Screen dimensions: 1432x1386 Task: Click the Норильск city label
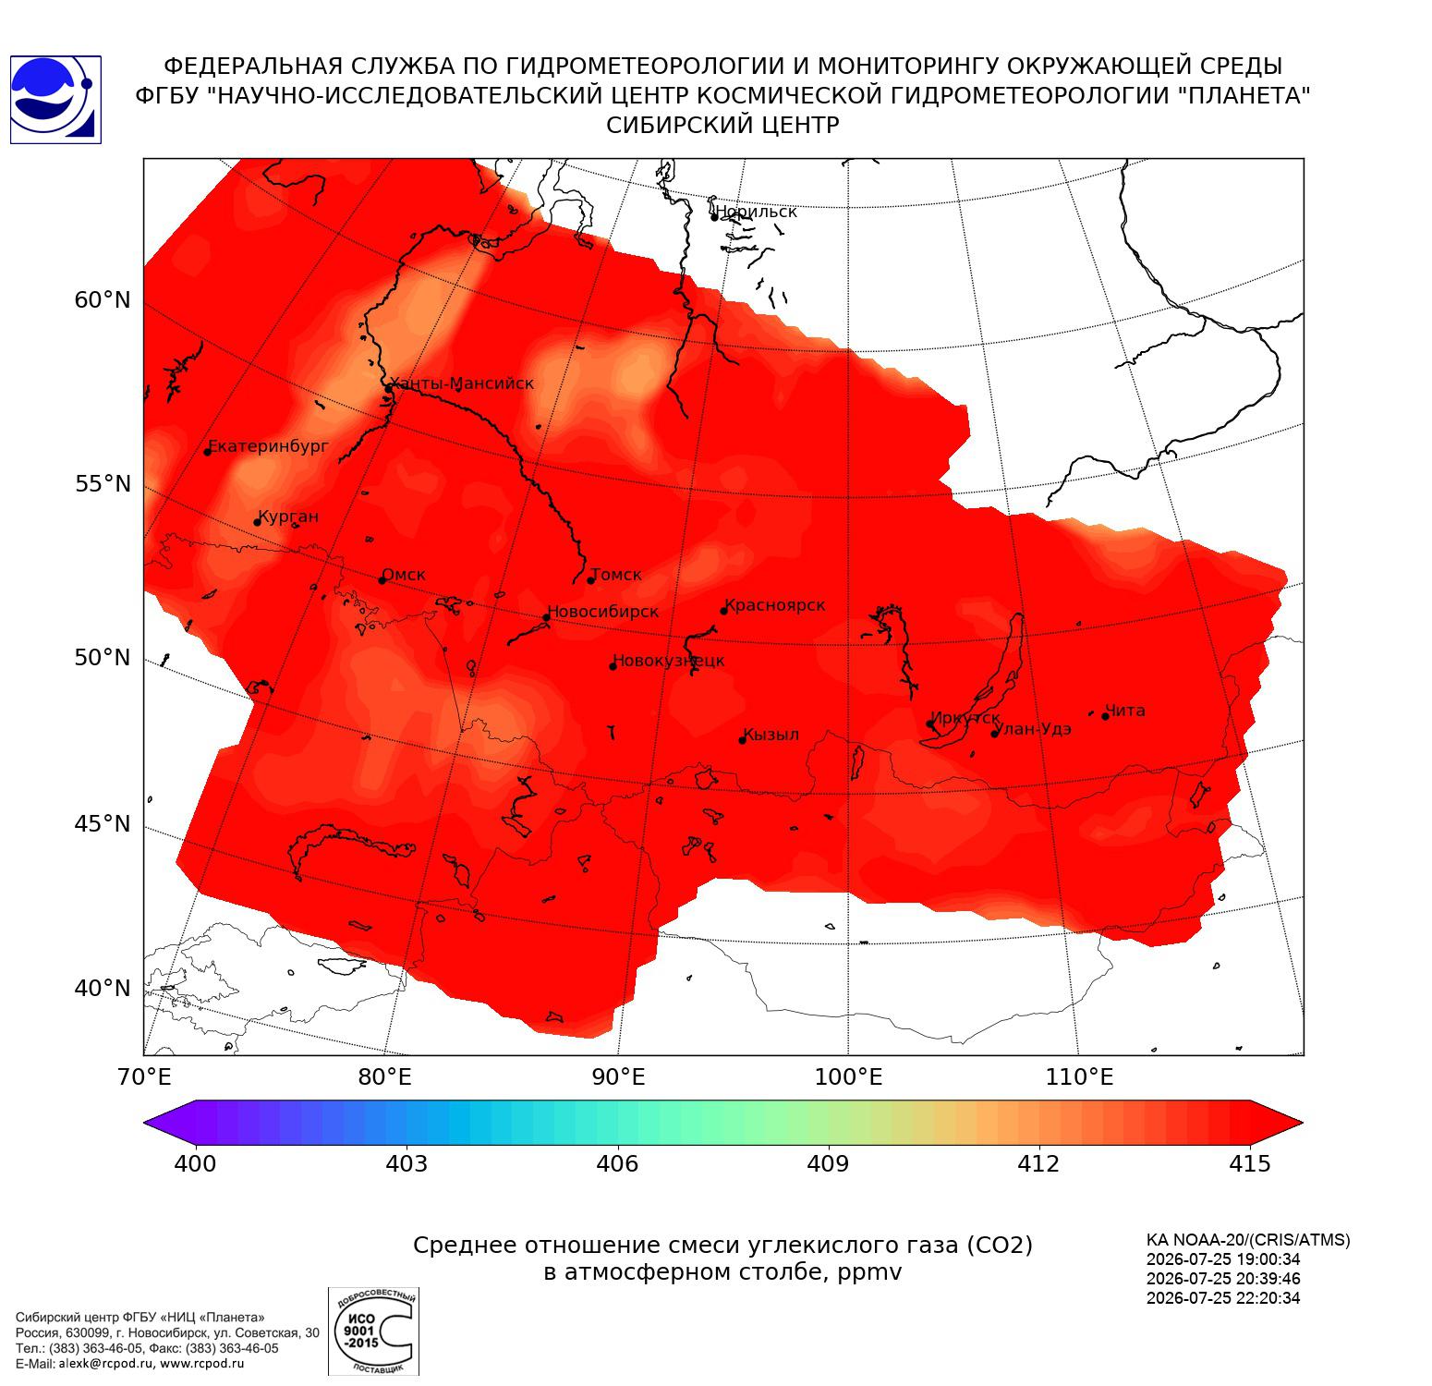coord(756,212)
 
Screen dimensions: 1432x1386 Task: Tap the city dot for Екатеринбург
coord(208,451)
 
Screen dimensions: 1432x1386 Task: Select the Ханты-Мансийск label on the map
coord(462,383)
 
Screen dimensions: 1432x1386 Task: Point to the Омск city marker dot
coord(382,580)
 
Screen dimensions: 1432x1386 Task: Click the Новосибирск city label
coord(603,613)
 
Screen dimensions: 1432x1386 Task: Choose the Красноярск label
coord(774,606)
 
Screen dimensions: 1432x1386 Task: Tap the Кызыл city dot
coord(742,740)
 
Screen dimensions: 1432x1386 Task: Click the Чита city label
coord(1125,711)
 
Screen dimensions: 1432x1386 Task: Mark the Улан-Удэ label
coord(1033,729)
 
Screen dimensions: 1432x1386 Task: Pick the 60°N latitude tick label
coord(103,300)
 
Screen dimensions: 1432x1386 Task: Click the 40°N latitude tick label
coord(103,989)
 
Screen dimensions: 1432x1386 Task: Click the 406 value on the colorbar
coord(617,1163)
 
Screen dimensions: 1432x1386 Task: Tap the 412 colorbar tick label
coord(1039,1163)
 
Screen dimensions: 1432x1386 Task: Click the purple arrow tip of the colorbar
coord(146,1123)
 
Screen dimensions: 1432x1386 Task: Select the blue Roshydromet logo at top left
coord(55,100)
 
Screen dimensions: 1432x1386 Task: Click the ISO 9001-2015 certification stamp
coord(373,1331)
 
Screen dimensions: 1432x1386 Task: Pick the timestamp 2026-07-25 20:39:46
coord(1223,1279)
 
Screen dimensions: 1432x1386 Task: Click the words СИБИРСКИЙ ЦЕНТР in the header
coord(723,126)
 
